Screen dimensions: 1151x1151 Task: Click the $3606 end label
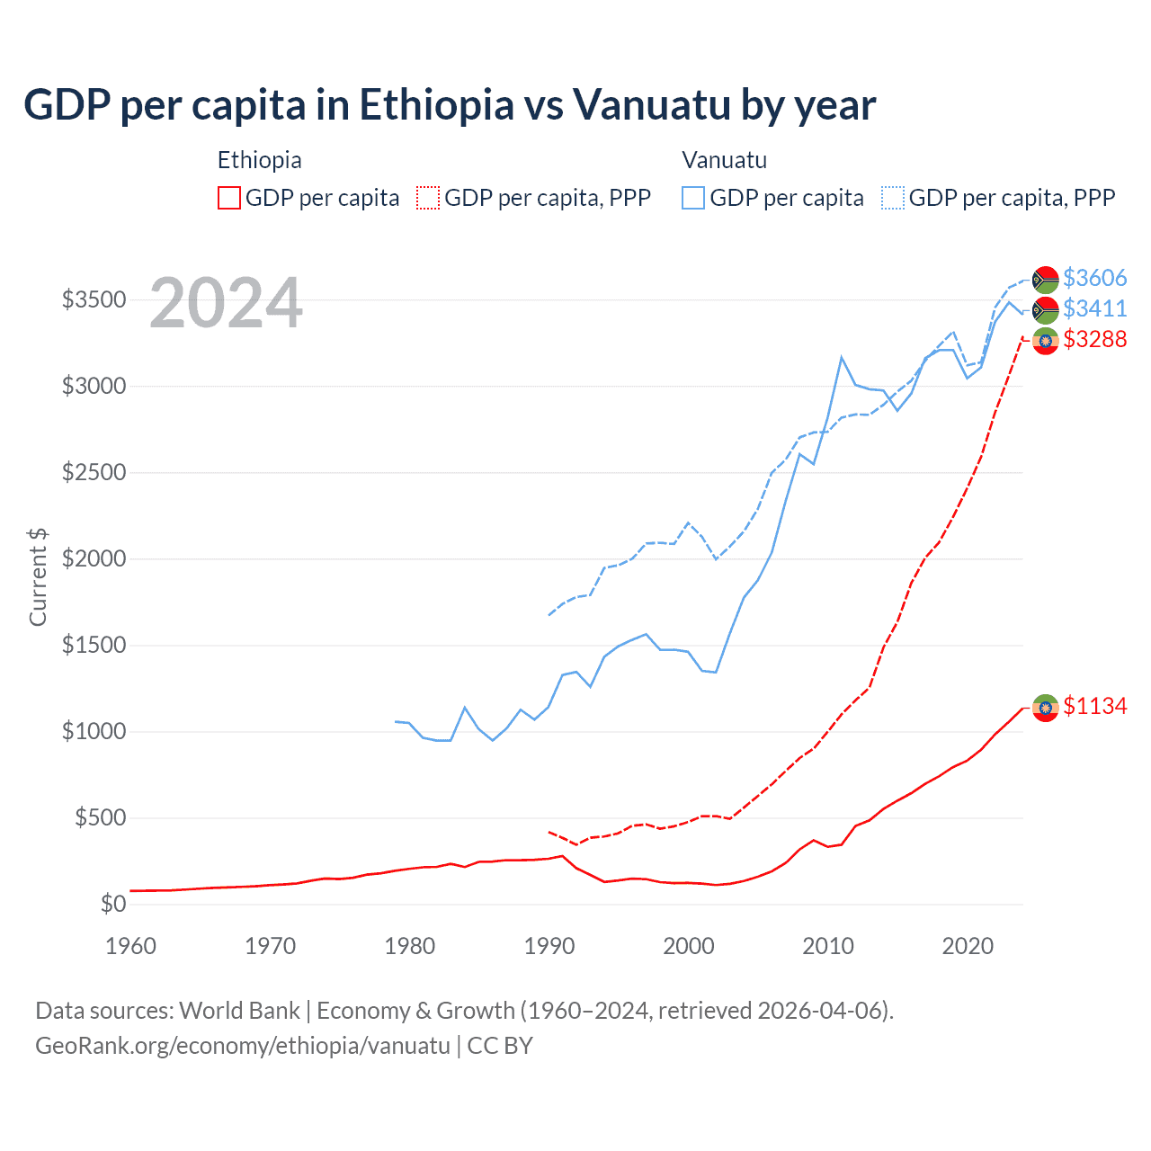tap(1094, 278)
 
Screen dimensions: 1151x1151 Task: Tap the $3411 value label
tap(1094, 308)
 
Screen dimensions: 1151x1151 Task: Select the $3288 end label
tap(1094, 339)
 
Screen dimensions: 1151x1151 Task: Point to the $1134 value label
tap(1094, 706)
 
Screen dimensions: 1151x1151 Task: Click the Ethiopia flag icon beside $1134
tap(1045, 708)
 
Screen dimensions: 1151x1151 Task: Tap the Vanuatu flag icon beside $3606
tap(1045, 280)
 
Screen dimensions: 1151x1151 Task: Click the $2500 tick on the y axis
tap(94, 472)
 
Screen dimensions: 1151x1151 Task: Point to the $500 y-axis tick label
tap(100, 817)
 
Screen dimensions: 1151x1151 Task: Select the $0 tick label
tap(112, 904)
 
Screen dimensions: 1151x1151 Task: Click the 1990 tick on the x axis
tap(549, 946)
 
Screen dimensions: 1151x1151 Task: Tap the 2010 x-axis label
tap(828, 946)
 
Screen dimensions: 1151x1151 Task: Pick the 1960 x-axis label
tap(131, 946)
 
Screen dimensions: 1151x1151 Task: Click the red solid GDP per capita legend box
tap(229, 198)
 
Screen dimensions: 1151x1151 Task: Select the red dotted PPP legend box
tap(428, 198)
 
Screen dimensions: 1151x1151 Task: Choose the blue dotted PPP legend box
tap(893, 198)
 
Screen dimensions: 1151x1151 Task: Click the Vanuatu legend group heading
tap(724, 160)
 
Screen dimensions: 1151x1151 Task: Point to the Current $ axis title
tap(38, 577)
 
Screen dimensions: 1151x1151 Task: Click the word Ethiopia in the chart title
tap(437, 104)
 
